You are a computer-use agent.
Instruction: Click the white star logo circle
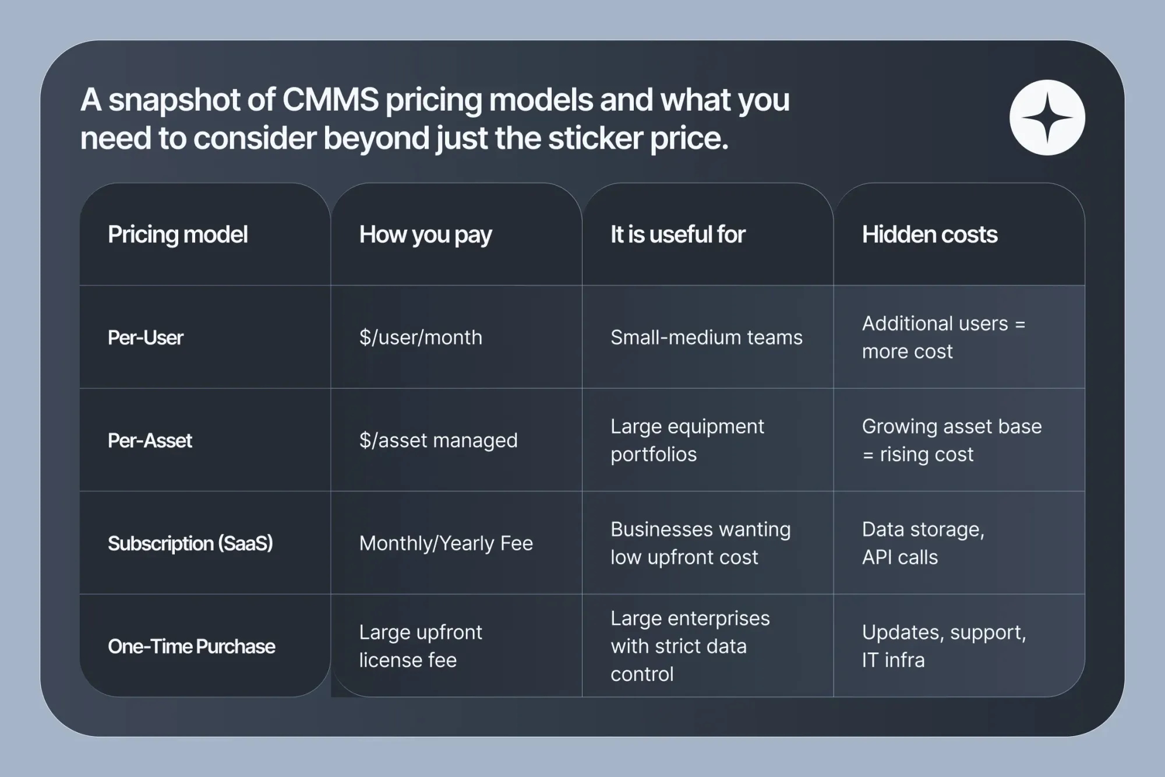1047,118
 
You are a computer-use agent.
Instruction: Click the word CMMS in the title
330,100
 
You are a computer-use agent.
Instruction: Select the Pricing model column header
178,234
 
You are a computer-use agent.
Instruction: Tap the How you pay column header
425,234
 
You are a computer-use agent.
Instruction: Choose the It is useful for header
677,234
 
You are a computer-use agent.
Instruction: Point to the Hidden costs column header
929,234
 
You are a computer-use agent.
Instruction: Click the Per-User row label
146,337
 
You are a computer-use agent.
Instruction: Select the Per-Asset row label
150,441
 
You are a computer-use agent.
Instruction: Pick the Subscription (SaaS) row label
190,543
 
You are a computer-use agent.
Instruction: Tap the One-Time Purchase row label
191,646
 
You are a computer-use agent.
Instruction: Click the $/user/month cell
421,337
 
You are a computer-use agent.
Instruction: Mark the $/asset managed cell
438,441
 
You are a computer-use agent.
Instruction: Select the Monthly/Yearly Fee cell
446,543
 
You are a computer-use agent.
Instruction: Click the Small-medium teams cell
706,337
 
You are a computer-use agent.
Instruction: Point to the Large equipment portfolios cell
687,440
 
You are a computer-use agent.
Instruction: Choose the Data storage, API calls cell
923,543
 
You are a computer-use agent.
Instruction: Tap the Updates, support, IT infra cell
944,646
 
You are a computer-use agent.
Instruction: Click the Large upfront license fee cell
420,646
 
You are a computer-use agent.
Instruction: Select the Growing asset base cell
951,440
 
